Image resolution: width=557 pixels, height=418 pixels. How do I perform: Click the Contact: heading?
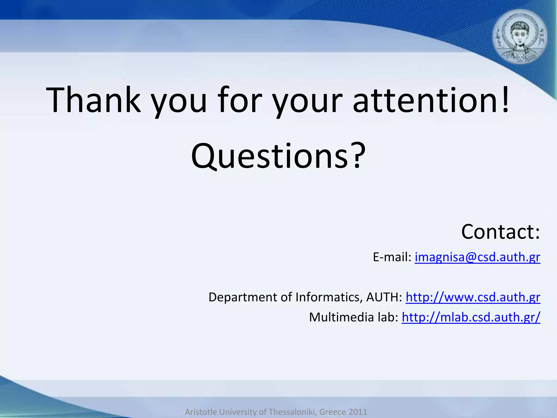click(500, 232)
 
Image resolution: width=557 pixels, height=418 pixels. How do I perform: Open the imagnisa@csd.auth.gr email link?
click(477, 257)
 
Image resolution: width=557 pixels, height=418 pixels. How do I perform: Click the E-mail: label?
click(392, 257)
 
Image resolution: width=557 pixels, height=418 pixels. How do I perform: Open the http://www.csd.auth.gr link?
click(473, 297)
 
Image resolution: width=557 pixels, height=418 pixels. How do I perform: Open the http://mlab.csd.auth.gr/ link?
click(471, 317)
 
